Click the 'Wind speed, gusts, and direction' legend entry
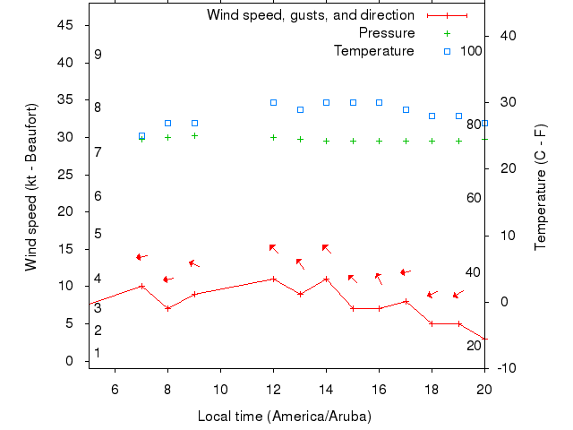coord(311,15)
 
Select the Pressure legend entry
coord(387,33)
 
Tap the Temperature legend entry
coord(374,51)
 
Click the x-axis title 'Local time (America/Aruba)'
coord(284,417)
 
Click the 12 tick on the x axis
coord(273,388)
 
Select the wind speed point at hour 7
coord(141,287)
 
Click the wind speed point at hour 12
coord(273,279)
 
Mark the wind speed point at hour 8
coord(167,308)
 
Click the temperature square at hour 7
coord(141,136)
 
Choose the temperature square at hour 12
coord(273,103)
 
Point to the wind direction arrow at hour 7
coord(141,257)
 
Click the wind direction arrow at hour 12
coord(273,248)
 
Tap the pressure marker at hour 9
coord(194,135)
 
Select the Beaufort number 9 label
coord(98,55)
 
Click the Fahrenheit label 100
coord(471,51)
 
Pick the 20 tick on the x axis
coord(484,388)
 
